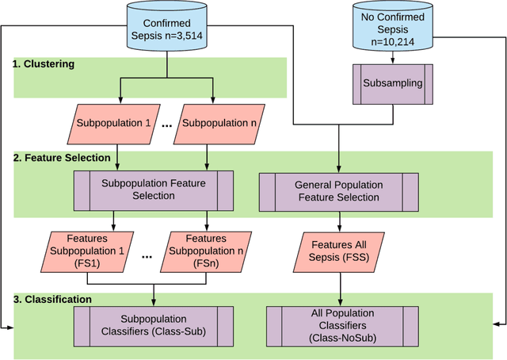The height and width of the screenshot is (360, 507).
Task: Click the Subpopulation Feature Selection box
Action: (x=154, y=190)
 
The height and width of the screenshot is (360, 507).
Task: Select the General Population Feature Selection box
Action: (x=338, y=191)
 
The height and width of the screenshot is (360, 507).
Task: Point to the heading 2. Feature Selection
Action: (x=62, y=158)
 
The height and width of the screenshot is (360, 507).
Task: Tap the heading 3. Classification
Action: (x=52, y=299)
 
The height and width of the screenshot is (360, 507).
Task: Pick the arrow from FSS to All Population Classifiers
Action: (x=339, y=287)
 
